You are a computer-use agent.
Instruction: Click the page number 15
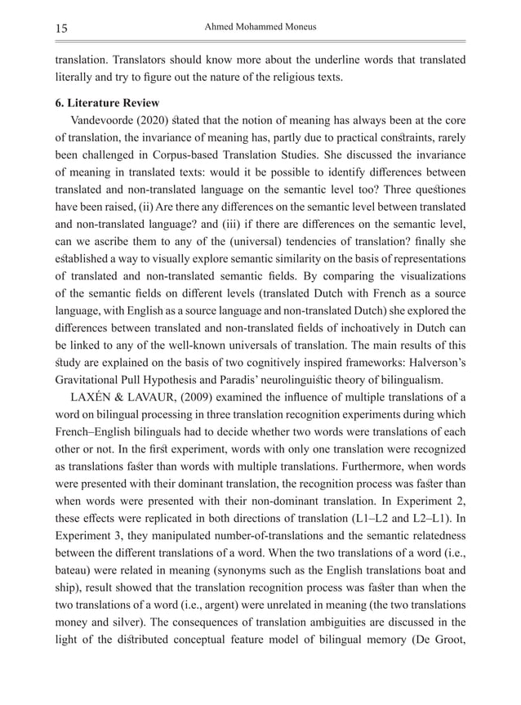(61, 29)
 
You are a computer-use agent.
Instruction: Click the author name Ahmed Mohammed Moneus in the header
(260, 27)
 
